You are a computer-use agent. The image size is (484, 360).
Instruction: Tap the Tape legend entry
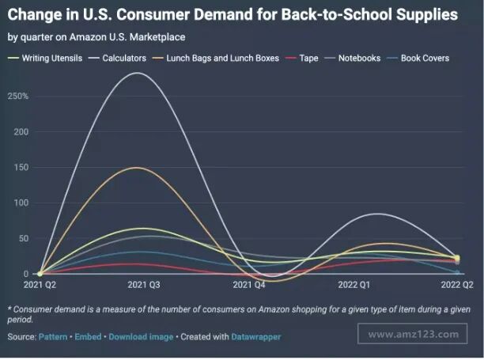pos(308,58)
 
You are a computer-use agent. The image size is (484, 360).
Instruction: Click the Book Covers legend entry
pos(425,58)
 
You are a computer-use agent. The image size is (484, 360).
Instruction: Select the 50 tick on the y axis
pos(22,238)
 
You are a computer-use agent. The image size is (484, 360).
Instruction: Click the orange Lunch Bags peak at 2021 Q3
pos(138,167)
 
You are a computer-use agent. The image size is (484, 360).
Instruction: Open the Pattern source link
pos(54,337)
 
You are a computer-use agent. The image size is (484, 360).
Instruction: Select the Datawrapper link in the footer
pos(255,337)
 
